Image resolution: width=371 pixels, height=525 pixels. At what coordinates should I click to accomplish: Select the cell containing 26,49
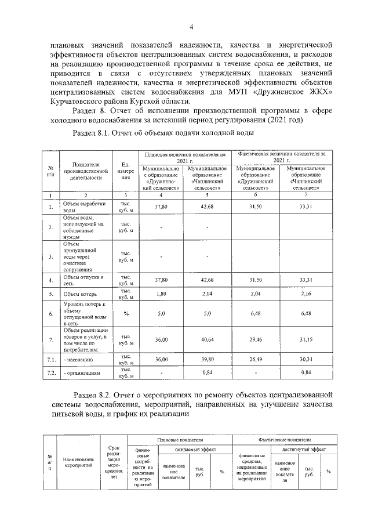(x=256, y=360)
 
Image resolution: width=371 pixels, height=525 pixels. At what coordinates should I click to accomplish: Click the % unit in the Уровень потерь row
(x=125, y=313)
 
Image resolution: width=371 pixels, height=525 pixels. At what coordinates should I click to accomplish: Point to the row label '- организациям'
(x=82, y=372)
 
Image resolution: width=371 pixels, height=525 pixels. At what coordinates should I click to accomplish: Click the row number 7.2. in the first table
(x=51, y=372)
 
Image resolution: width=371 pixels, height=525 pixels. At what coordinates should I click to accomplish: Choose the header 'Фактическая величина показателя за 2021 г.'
(x=282, y=157)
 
